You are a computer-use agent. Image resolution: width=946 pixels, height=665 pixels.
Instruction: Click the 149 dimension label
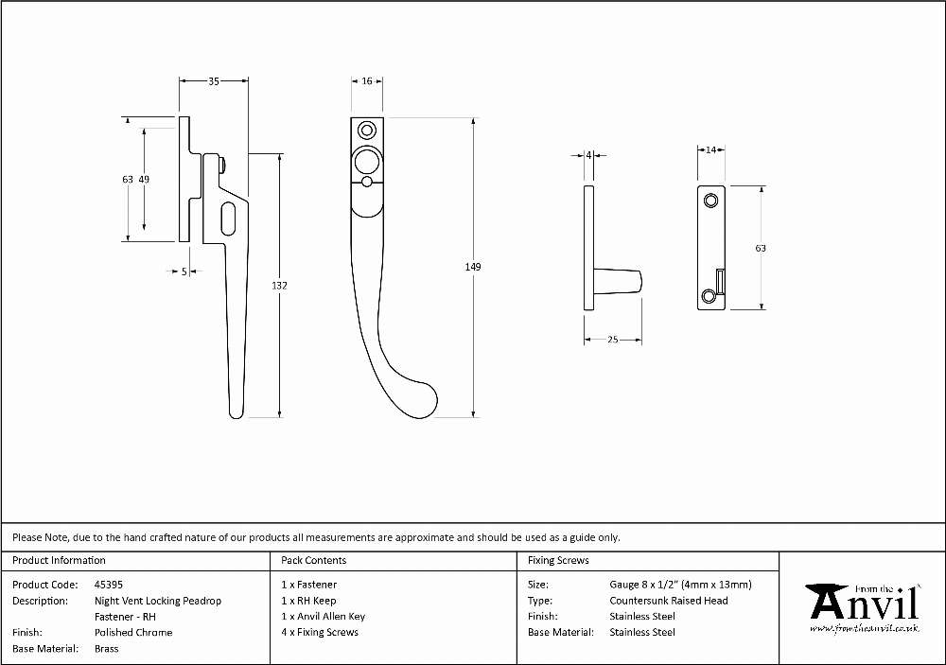(x=473, y=267)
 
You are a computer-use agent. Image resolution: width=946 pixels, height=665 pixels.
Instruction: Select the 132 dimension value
(x=279, y=286)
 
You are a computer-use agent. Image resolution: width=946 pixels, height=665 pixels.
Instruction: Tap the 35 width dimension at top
(x=214, y=81)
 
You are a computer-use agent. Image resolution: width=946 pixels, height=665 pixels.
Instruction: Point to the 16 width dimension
(x=367, y=80)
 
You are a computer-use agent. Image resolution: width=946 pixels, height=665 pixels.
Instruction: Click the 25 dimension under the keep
(x=612, y=340)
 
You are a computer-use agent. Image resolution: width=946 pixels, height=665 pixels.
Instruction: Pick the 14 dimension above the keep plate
(x=710, y=149)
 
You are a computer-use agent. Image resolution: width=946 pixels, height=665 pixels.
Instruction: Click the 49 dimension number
(x=144, y=179)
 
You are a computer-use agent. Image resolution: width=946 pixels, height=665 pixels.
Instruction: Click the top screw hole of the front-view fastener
(x=367, y=131)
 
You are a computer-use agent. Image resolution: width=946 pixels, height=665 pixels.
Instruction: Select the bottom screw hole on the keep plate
(x=709, y=296)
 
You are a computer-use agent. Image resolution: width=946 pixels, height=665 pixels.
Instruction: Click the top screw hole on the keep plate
(x=712, y=200)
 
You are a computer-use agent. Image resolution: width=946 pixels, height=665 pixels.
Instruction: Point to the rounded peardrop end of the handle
(x=419, y=399)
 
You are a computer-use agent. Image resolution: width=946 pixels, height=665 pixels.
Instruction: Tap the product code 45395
(x=109, y=585)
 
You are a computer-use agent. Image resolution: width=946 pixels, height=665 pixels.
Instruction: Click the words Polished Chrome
(x=133, y=633)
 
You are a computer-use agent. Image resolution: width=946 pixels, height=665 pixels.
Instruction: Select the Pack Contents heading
(x=314, y=560)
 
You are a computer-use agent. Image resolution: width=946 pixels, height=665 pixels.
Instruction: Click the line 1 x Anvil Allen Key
(x=324, y=616)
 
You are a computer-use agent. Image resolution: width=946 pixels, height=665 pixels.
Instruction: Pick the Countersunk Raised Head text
(x=669, y=601)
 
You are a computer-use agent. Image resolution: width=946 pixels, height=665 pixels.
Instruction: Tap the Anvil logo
(x=865, y=607)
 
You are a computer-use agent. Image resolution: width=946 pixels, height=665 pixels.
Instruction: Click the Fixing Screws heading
(x=558, y=560)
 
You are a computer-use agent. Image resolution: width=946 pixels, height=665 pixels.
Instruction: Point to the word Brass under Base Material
(x=107, y=649)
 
